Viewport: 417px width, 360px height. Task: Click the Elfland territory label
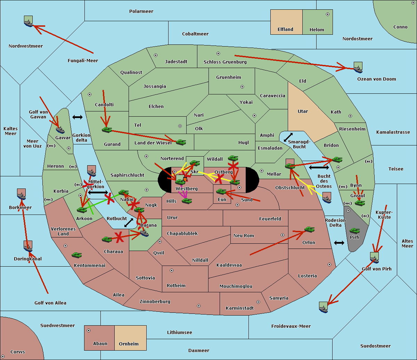click(285, 30)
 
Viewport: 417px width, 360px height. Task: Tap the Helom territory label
click(317, 30)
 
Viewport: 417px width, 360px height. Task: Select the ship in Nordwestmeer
click(28, 22)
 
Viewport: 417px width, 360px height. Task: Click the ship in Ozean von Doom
click(358, 68)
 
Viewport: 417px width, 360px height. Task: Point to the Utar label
click(303, 111)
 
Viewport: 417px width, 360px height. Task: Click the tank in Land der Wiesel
click(181, 142)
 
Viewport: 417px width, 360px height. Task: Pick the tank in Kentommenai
click(76, 255)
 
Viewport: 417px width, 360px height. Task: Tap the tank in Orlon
click(309, 229)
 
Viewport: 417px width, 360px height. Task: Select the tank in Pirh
click(354, 231)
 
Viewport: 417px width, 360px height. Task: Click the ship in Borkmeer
click(22, 195)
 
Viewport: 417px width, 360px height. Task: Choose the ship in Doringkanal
click(28, 246)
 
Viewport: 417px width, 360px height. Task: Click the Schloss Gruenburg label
click(225, 62)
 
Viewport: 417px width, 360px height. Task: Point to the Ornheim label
click(129, 344)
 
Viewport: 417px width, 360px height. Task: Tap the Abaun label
click(100, 344)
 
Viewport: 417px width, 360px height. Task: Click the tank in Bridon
click(337, 160)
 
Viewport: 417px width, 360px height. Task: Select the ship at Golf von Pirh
click(374, 258)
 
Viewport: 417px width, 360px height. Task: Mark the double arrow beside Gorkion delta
click(77, 117)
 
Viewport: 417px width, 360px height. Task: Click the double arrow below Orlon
click(339, 243)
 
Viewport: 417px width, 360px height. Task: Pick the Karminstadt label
click(240, 308)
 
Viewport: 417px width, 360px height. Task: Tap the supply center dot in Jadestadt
click(156, 55)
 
